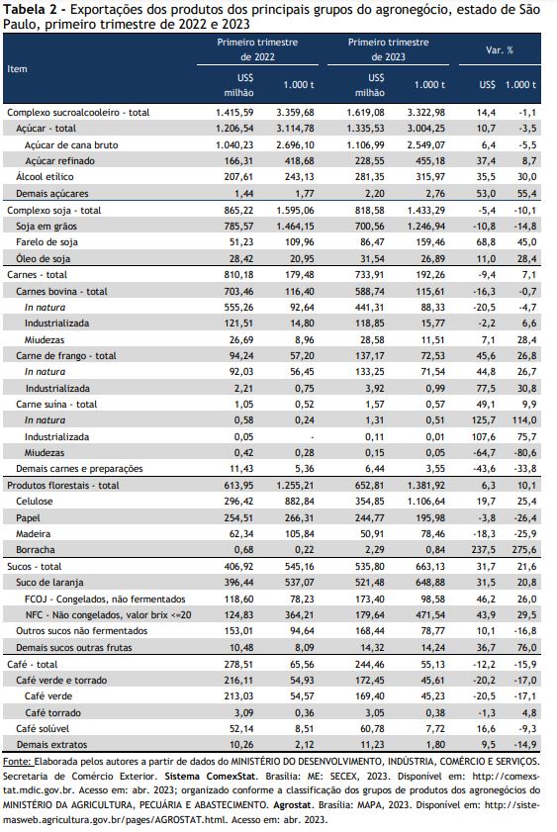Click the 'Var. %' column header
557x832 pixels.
click(x=500, y=50)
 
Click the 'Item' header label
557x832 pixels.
click(x=17, y=69)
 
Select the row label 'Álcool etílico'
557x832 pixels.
click(x=45, y=177)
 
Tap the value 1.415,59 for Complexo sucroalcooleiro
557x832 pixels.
click(x=234, y=113)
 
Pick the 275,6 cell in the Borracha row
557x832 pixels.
click(x=524, y=550)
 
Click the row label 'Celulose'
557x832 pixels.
click(x=35, y=502)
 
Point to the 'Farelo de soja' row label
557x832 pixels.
click(x=46, y=242)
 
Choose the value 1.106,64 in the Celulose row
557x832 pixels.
click(x=426, y=502)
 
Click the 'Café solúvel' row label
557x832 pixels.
click(x=43, y=728)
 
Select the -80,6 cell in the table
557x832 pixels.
click(x=525, y=453)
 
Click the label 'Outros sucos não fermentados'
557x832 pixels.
click(x=82, y=631)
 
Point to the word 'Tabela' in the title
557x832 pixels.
click(x=23, y=10)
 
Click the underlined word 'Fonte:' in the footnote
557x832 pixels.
click(x=18, y=762)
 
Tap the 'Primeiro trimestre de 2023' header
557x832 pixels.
click(x=388, y=49)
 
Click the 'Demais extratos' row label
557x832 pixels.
click(x=51, y=745)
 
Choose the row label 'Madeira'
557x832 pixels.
click(x=34, y=534)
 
